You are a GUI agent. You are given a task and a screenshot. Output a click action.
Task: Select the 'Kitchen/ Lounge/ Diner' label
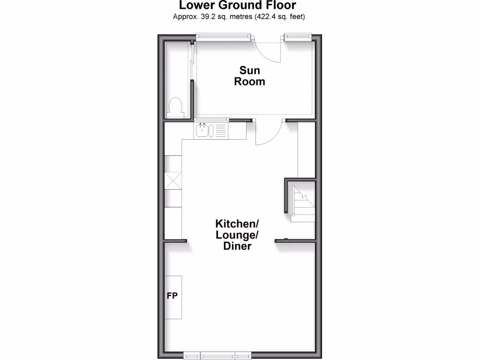[x=237, y=234]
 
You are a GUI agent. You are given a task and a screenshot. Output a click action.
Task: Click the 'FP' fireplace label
[x=172, y=296]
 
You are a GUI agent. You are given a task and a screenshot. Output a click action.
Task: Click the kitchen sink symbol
[x=202, y=130]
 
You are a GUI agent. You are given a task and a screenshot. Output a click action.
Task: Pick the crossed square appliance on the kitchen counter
[x=173, y=180]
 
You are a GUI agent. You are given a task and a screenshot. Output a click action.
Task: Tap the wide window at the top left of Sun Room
[x=223, y=36]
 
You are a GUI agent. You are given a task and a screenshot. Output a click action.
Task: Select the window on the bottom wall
[x=217, y=356]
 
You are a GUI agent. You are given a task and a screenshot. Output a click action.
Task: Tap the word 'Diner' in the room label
[x=237, y=246]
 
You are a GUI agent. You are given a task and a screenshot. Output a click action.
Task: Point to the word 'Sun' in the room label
[x=249, y=70]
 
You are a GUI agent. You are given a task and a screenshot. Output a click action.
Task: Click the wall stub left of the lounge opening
[x=175, y=240]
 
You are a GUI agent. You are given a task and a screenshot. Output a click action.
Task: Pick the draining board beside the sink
[x=220, y=130]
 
